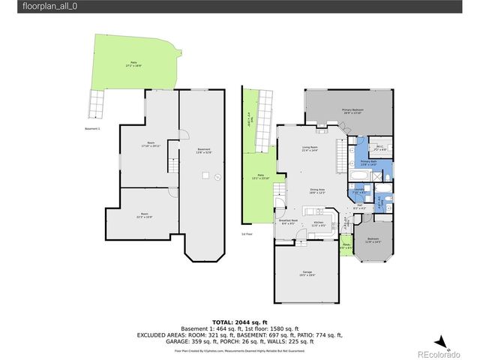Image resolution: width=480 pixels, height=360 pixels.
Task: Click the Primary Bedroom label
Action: [352, 112]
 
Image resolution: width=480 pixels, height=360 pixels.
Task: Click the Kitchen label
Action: [318, 223]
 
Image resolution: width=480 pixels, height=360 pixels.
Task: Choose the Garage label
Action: [307, 273]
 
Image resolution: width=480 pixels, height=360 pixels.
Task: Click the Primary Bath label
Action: [368, 162]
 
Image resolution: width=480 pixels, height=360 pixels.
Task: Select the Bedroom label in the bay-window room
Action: [373, 241]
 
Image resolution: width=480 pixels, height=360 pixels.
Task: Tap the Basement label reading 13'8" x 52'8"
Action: [203, 150]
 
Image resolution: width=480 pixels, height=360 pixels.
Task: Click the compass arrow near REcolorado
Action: [443, 341]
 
